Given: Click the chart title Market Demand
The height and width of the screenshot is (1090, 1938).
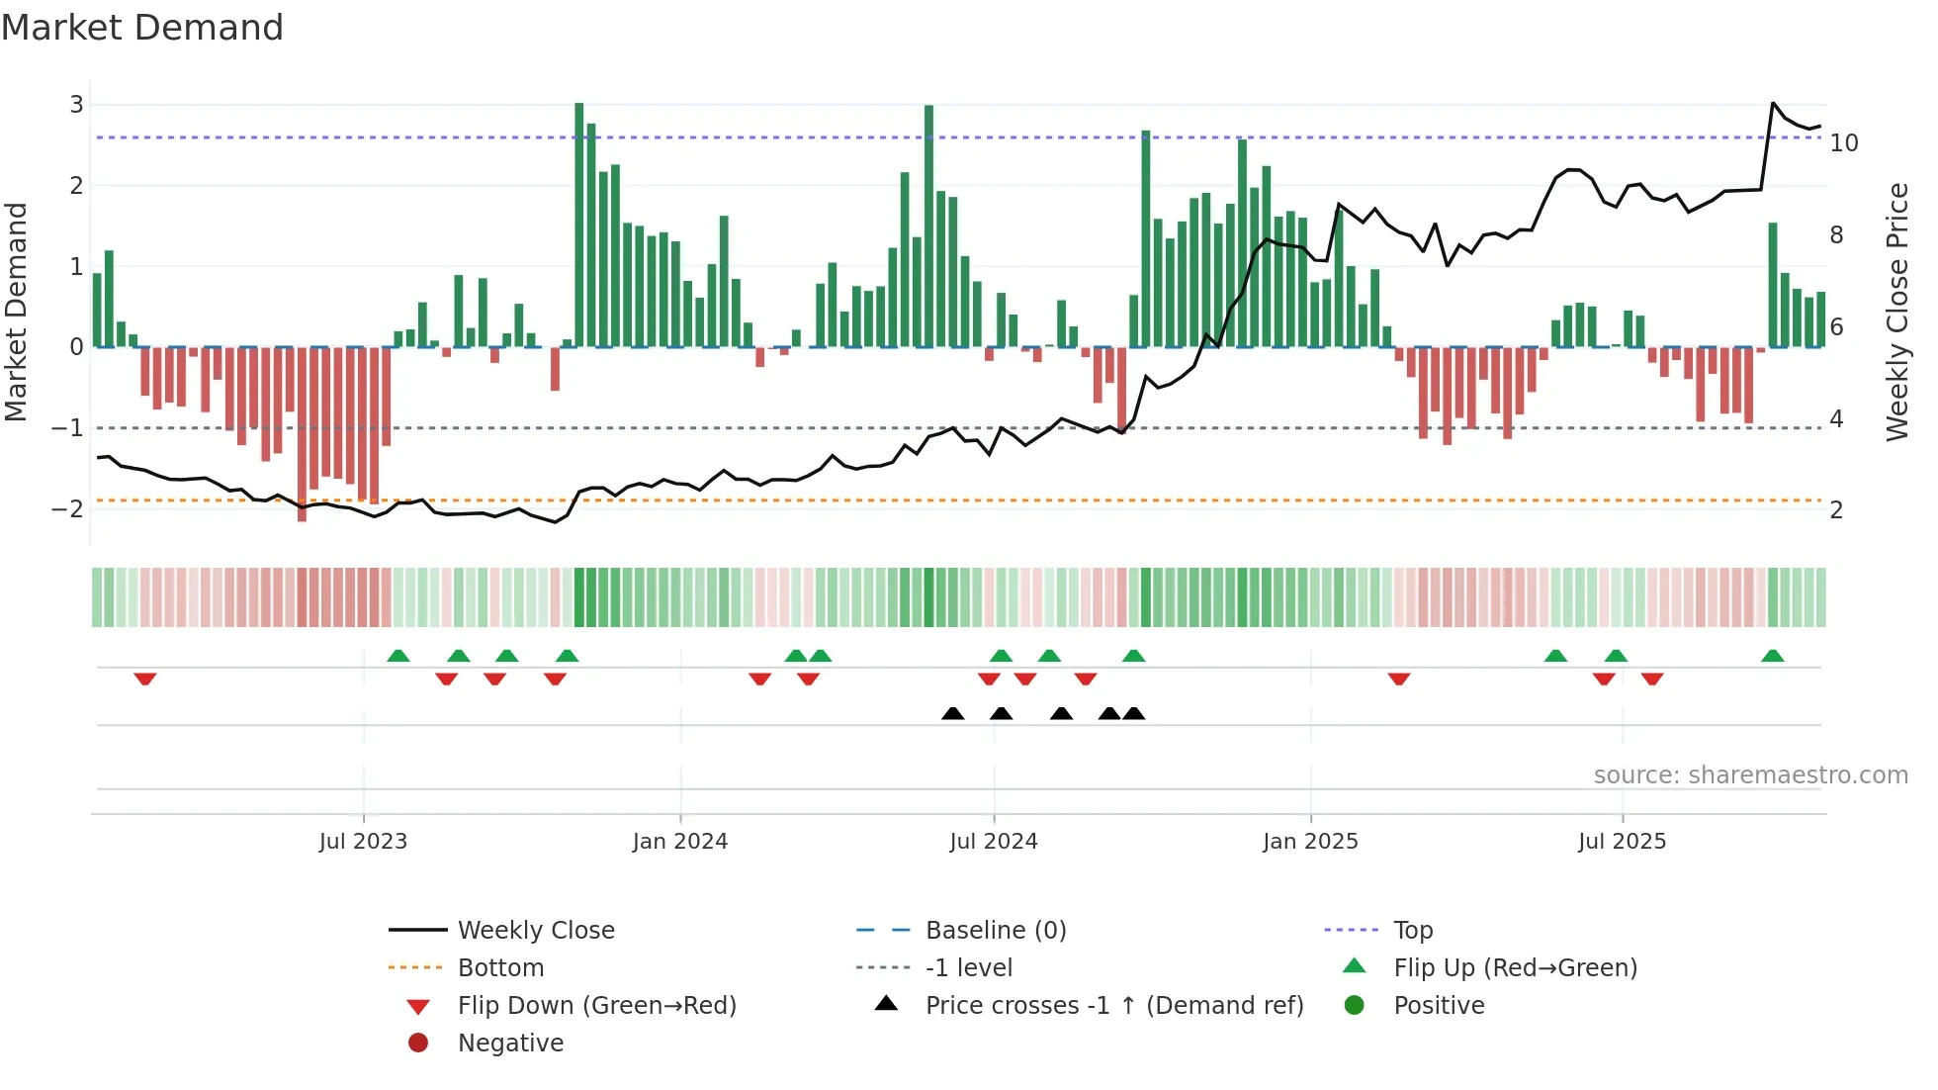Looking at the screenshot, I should tap(142, 28).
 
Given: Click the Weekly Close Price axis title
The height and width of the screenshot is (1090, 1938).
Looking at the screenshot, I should tap(1896, 312).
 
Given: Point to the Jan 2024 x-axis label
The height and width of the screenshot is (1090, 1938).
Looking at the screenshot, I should tap(680, 842).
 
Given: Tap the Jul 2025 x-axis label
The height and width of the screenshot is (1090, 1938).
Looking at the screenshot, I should tap(1622, 842).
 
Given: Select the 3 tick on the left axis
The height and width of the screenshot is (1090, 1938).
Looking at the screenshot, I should tap(76, 105).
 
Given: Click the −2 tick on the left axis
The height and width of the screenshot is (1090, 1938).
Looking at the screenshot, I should tap(67, 509).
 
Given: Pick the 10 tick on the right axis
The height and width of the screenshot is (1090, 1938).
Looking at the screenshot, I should tap(1843, 143).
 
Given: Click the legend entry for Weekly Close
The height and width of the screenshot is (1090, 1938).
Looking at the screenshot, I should tap(535, 931).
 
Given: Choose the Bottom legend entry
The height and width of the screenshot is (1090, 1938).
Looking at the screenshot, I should tap(500, 968).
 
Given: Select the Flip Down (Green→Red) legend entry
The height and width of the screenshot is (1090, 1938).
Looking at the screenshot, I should tap(596, 1006).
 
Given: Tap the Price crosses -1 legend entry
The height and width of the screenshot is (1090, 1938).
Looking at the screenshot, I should tap(1113, 1006).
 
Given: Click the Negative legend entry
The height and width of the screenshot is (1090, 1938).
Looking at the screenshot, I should tap(510, 1044).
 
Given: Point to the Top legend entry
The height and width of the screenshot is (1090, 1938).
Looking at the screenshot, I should tap(1412, 931).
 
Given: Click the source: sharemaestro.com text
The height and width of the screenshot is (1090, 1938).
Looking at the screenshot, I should tap(1750, 775).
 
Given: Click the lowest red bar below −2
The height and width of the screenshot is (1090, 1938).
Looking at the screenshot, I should tap(302, 435).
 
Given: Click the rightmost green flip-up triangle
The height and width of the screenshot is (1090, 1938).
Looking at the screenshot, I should tap(1773, 656).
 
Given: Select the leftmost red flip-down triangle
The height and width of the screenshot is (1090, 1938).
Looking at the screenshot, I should tap(145, 679).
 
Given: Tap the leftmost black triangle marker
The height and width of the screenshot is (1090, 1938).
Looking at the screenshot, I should tap(952, 713).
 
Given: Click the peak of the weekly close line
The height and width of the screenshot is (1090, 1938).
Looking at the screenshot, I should tap(1773, 103).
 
